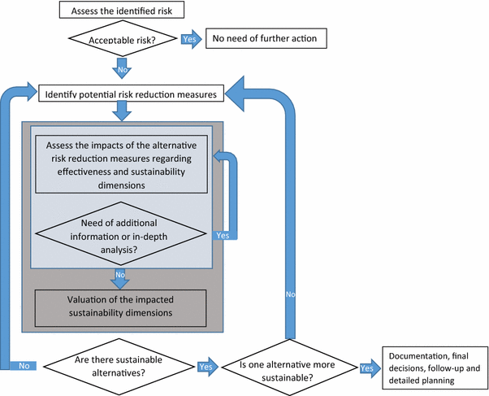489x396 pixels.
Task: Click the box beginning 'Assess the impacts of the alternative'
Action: (119, 163)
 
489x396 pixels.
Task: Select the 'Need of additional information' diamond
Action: (119, 235)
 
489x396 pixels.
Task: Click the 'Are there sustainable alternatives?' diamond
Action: (119, 366)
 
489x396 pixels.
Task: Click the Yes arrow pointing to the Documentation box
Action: (368, 368)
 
